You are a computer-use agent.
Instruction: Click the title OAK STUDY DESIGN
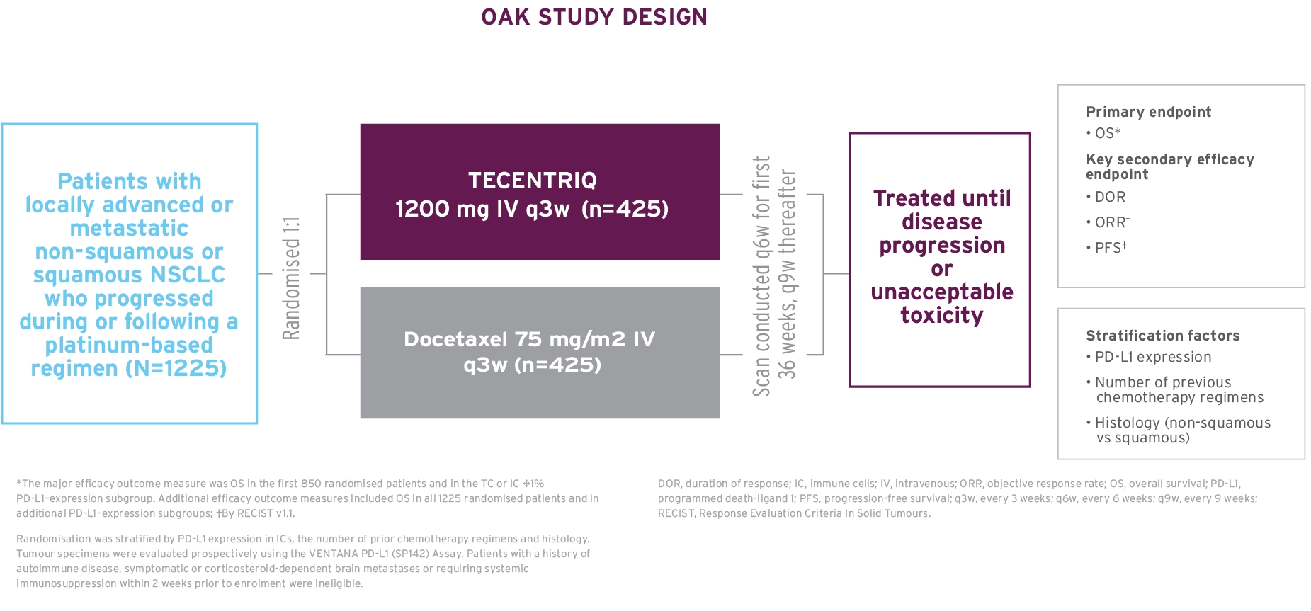click(x=594, y=17)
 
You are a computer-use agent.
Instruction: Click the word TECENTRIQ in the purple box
click(x=533, y=181)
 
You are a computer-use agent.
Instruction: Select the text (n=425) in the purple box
click(x=625, y=209)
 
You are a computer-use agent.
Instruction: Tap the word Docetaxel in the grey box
click(x=455, y=339)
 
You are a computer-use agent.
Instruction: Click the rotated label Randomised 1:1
click(x=291, y=278)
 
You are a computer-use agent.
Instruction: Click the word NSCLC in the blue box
click(x=188, y=275)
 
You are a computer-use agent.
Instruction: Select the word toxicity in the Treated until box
click(x=941, y=315)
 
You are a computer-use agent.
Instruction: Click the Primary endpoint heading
click(x=1148, y=112)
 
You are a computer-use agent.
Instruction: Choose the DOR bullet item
click(x=1109, y=197)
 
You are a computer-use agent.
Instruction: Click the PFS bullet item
click(x=1110, y=248)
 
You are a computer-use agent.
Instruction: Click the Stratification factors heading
click(x=1162, y=336)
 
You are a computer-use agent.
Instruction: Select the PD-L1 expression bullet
click(x=1152, y=357)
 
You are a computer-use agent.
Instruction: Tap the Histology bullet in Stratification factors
click(x=1182, y=423)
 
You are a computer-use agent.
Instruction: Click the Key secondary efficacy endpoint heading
click(x=1169, y=166)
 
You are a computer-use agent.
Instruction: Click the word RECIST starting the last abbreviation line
click(x=676, y=513)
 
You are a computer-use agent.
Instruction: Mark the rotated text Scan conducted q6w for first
click(x=761, y=276)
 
